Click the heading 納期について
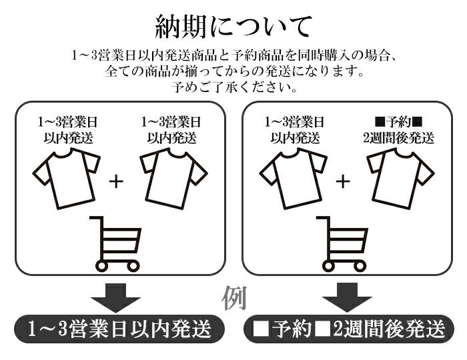(x=233, y=27)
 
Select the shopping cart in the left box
(x=117, y=243)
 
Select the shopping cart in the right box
(x=343, y=243)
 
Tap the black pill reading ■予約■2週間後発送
(x=349, y=329)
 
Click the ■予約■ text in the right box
(x=399, y=123)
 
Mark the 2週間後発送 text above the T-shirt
(x=399, y=139)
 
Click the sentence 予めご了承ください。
(x=233, y=87)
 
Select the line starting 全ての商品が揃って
(x=233, y=71)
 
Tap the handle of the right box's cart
(x=322, y=220)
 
